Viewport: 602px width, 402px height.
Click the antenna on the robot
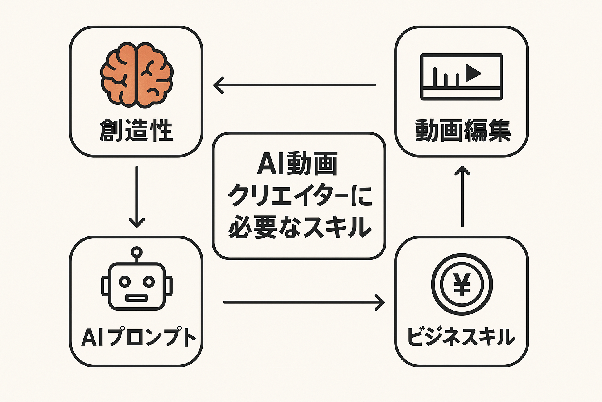pos(136,252)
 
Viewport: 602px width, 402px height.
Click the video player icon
pos(461,77)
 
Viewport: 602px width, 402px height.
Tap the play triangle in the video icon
pos(473,73)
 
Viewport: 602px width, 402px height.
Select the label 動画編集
pos(463,131)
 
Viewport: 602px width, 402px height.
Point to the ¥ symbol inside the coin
pos(462,284)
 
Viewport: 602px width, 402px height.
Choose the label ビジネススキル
pos(461,337)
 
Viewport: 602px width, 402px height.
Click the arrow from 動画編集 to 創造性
pos(294,85)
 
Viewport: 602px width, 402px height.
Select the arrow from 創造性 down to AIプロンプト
pos(136,196)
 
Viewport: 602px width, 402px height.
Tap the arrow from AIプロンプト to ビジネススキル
pos(304,302)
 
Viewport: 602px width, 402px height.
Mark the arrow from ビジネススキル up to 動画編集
pos(463,196)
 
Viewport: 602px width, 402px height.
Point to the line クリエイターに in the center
pos(299,195)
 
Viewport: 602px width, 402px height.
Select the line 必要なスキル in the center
pos(299,227)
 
